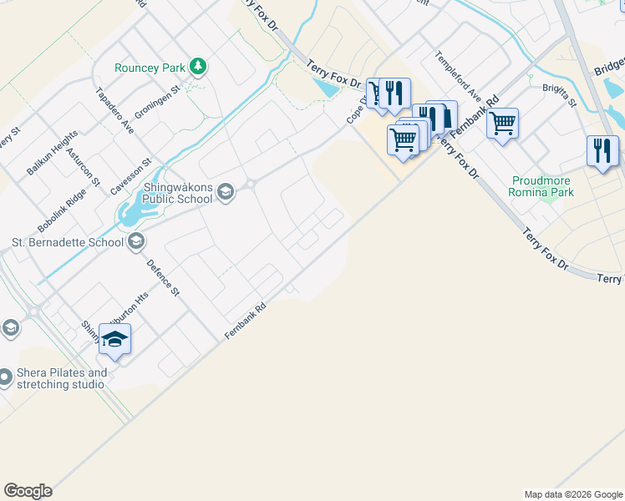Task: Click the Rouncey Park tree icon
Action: (198, 66)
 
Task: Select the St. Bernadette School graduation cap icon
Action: (137, 242)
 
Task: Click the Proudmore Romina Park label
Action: (541, 186)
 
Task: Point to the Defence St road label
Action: (163, 277)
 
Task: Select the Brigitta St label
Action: (559, 95)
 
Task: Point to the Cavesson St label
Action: (130, 176)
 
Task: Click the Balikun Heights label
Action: (52, 151)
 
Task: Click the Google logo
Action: (28, 491)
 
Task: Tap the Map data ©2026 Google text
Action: (573, 494)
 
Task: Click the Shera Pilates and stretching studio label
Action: (61, 378)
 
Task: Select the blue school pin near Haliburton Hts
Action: (115, 339)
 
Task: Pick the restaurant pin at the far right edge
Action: (602, 150)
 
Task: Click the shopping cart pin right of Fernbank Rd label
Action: (502, 124)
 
